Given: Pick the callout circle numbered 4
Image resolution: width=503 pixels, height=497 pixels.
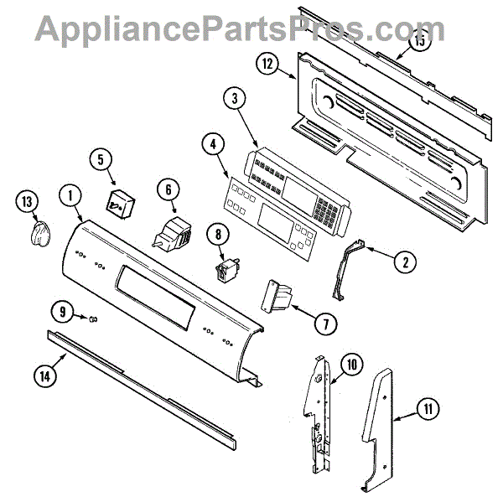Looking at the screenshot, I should coord(214,143).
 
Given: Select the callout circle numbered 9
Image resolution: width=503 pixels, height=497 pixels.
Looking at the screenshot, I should coord(62,313).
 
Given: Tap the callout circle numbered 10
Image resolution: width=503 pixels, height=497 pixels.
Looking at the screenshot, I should coord(350,365).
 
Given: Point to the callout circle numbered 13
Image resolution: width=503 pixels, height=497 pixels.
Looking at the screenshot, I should coord(29,202).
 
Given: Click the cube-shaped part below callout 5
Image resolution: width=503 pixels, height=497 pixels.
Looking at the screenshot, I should coord(118,202).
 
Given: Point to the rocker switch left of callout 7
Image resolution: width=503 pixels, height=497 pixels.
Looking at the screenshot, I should coord(277,296).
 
